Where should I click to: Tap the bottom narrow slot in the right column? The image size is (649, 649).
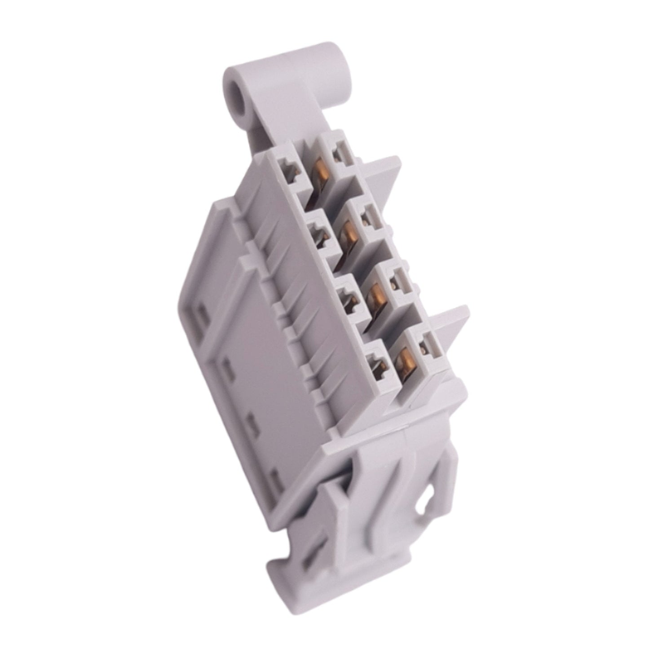pyautogui.click(x=424, y=345)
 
